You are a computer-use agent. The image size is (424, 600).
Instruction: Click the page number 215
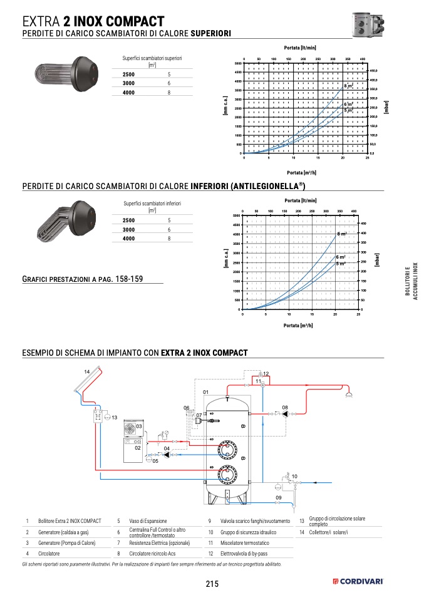pyautogui.click(x=211, y=584)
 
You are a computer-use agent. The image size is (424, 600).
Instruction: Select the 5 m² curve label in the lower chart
pyautogui.click(x=341, y=264)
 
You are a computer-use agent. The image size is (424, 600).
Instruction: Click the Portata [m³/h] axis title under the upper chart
pyautogui.click(x=301, y=172)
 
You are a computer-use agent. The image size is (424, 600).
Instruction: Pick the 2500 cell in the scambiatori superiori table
pyautogui.click(x=128, y=75)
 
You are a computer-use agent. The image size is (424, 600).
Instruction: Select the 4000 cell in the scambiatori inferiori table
pyautogui.click(x=128, y=239)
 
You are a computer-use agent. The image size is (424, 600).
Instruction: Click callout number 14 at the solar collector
pyautogui.click(x=87, y=372)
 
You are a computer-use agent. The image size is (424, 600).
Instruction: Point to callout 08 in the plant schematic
pyautogui.click(x=285, y=408)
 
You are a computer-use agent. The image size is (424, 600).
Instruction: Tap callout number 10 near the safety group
pyautogui.click(x=294, y=477)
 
